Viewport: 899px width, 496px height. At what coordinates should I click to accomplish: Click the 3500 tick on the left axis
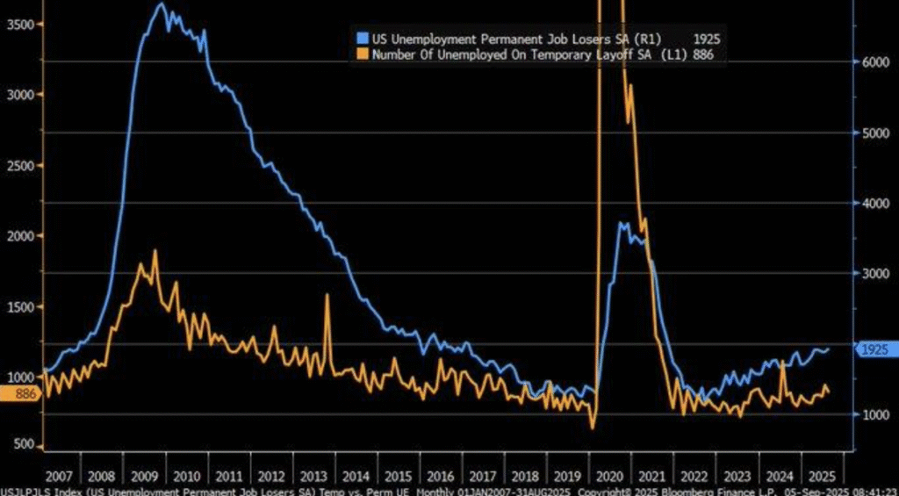click(x=19, y=25)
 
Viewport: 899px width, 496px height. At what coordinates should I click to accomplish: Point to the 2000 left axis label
click(x=19, y=236)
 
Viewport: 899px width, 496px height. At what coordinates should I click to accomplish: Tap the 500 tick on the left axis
click(x=23, y=445)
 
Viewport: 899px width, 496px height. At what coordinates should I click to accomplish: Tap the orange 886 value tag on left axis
click(x=21, y=394)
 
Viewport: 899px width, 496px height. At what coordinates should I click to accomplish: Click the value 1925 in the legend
click(x=707, y=40)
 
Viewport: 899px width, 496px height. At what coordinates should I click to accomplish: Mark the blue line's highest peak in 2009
click(x=161, y=4)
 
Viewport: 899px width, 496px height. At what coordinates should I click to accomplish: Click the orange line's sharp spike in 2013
click(x=327, y=296)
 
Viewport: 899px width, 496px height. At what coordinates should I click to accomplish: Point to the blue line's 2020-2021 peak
click(x=622, y=224)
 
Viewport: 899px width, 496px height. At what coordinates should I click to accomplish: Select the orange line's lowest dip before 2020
click(x=593, y=428)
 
